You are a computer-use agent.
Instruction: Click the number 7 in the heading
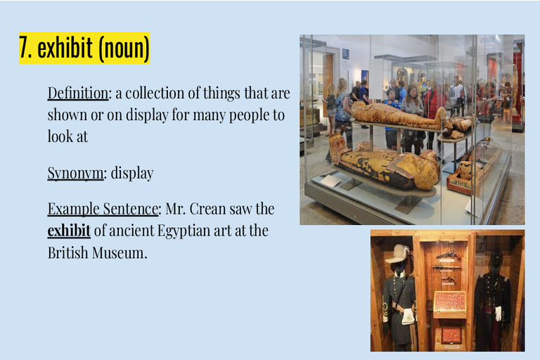pyautogui.click(x=25, y=48)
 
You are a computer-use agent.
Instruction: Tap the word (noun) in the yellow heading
pyautogui.click(x=124, y=49)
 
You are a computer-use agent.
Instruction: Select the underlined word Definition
pyautogui.click(x=78, y=93)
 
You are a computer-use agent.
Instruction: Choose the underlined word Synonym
pyautogui.click(x=75, y=173)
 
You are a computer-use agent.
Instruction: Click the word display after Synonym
pyautogui.click(x=132, y=173)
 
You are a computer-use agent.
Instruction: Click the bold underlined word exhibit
pyautogui.click(x=69, y=231)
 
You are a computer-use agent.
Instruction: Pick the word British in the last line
pyautogui.click(x=67, y=252)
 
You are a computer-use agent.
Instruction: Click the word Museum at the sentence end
pyautogui.click(x=120, y=253)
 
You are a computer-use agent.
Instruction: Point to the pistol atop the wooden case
pyautogui.click(x=448, y=255)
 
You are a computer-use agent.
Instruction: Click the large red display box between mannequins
pyautogui.click(x=450, y=302)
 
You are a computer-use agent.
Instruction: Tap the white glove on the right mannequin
pyautogui.click(x=498, y=314)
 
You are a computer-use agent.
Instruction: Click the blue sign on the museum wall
pyautogui.click(x=345, y=54)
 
